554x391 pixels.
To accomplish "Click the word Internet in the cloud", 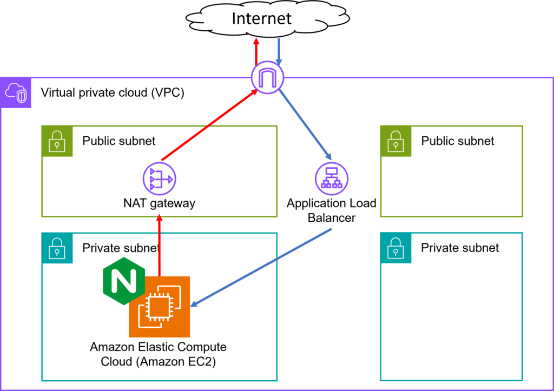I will point(261,18).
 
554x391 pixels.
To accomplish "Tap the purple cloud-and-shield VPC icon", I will point(16,93).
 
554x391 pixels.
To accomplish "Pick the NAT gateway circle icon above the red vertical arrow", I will point(159,178).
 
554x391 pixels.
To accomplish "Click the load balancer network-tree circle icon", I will point(331,178).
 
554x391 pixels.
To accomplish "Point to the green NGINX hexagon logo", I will point(123,281).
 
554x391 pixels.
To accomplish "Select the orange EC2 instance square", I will point(159,307).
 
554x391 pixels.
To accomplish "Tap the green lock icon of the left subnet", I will point(57,142).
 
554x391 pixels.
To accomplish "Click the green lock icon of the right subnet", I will point(396,141).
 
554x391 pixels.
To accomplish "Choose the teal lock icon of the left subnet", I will point(57,248).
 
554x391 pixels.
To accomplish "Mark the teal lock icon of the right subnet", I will point(396,248).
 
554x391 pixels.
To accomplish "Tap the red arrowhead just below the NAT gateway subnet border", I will point(159,218).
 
